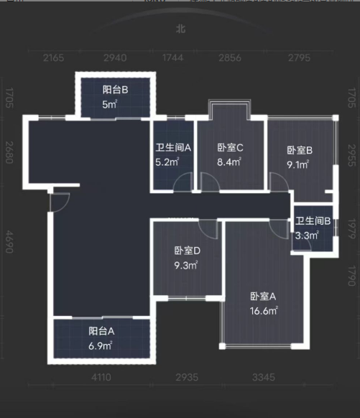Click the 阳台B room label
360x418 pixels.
(x=115, y=90)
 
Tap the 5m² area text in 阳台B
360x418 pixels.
(x=109, y=104)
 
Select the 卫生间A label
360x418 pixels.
(x=173, y=149)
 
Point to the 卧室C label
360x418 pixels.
(x=231, y=149)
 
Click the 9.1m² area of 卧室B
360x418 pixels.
(x=298, y=164)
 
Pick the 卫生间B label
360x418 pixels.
(x=313, y=221)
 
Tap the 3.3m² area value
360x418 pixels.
(x=307, y=235)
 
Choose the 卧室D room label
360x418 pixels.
(x=187, y=251)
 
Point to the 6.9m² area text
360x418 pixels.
(x=101, y=346)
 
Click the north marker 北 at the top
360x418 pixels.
(x=179, y=30)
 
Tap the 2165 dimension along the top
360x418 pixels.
(x=54, y=57)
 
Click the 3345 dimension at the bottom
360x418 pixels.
(x=262, y=377)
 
